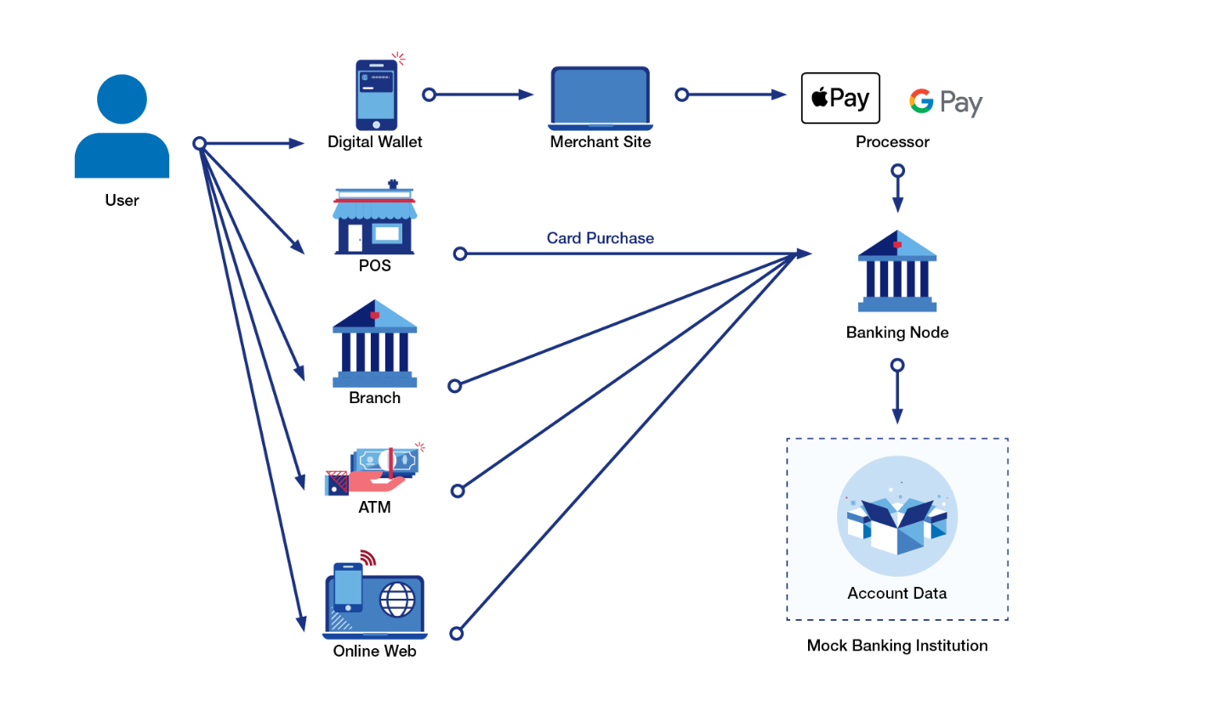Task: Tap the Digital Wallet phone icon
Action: pyautogui.click(x=376, y=94)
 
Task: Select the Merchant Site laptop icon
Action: pyautogui.click(x=600, y=98)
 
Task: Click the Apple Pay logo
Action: pyautogui.click(x=840, y=99)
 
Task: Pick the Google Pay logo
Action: pyautogui.click(x=945, y=102)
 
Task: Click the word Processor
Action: pyautogui.click(x=892, y=142)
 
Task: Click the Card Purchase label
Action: pyautogui.click(x=600, y=238)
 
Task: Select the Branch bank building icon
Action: pyautogui.click(x=374, y=343)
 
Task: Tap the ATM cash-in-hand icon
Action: pyautogui.click(x=373, y=470)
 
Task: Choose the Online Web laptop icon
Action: pyautogui.click(x=374, y=600)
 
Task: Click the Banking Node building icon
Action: pyautogui.click(x=897, y=271)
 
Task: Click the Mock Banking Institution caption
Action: pyautogui.click(x=897, y=646)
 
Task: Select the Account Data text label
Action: pyautogui.click(x=896, y=593)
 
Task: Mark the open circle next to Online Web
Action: pyautogui.click(x=457, y=633)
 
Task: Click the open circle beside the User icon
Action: pyautogui.click(x=200, y=143)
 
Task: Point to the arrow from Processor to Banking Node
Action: pyautogui.click(x=897, y=191)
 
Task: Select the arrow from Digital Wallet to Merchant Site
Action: pyautogui.click(x=481, y=94)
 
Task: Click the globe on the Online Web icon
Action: pyautogui.click(x=396, y=600)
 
